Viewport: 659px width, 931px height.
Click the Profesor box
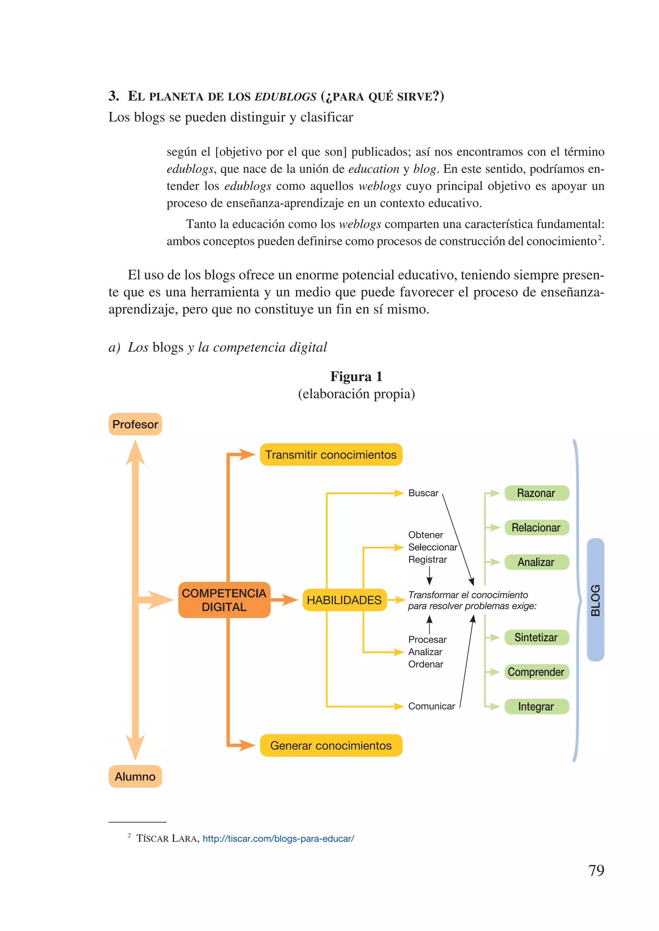pyautogui.click(x=135, y=424)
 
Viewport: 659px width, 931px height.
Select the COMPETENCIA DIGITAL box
pyautogui.click(x=224, y=600)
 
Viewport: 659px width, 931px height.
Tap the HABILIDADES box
pyautogui.click(x=344, y=600)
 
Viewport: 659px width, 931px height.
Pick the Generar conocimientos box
pyautogui.click(x=331, y=746)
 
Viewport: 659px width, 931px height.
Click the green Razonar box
pyautogui.click(x=536, y=493)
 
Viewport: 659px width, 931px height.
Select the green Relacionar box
pyautogui.click(x=536, y=527)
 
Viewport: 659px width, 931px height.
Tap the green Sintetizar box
pyautogui.click(x=536, y=637)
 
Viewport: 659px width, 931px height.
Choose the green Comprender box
pyautogui.click(x=536, y=672)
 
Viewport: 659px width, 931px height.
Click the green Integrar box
pyautogui.click(x=536, y=707)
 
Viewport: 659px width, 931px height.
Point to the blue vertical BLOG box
pyautogui.click(x=595, y=600)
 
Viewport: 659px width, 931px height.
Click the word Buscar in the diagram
pyautogui.click(x=423, y=493)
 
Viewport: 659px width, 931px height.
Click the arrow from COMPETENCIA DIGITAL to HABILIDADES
pyautogui.click(x=285, y=600)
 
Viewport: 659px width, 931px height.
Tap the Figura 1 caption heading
pyautogui.click(x=356, y=376)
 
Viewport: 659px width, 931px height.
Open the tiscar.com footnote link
pyautogui.click(x=278, y=838)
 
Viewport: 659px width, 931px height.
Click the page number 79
pyautogui.click(x=596, y=870)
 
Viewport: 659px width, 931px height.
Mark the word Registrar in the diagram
pyautogui.click(x=427, y=560)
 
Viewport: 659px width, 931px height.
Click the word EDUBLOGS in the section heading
pyautogui.click(x=285, y=97)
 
